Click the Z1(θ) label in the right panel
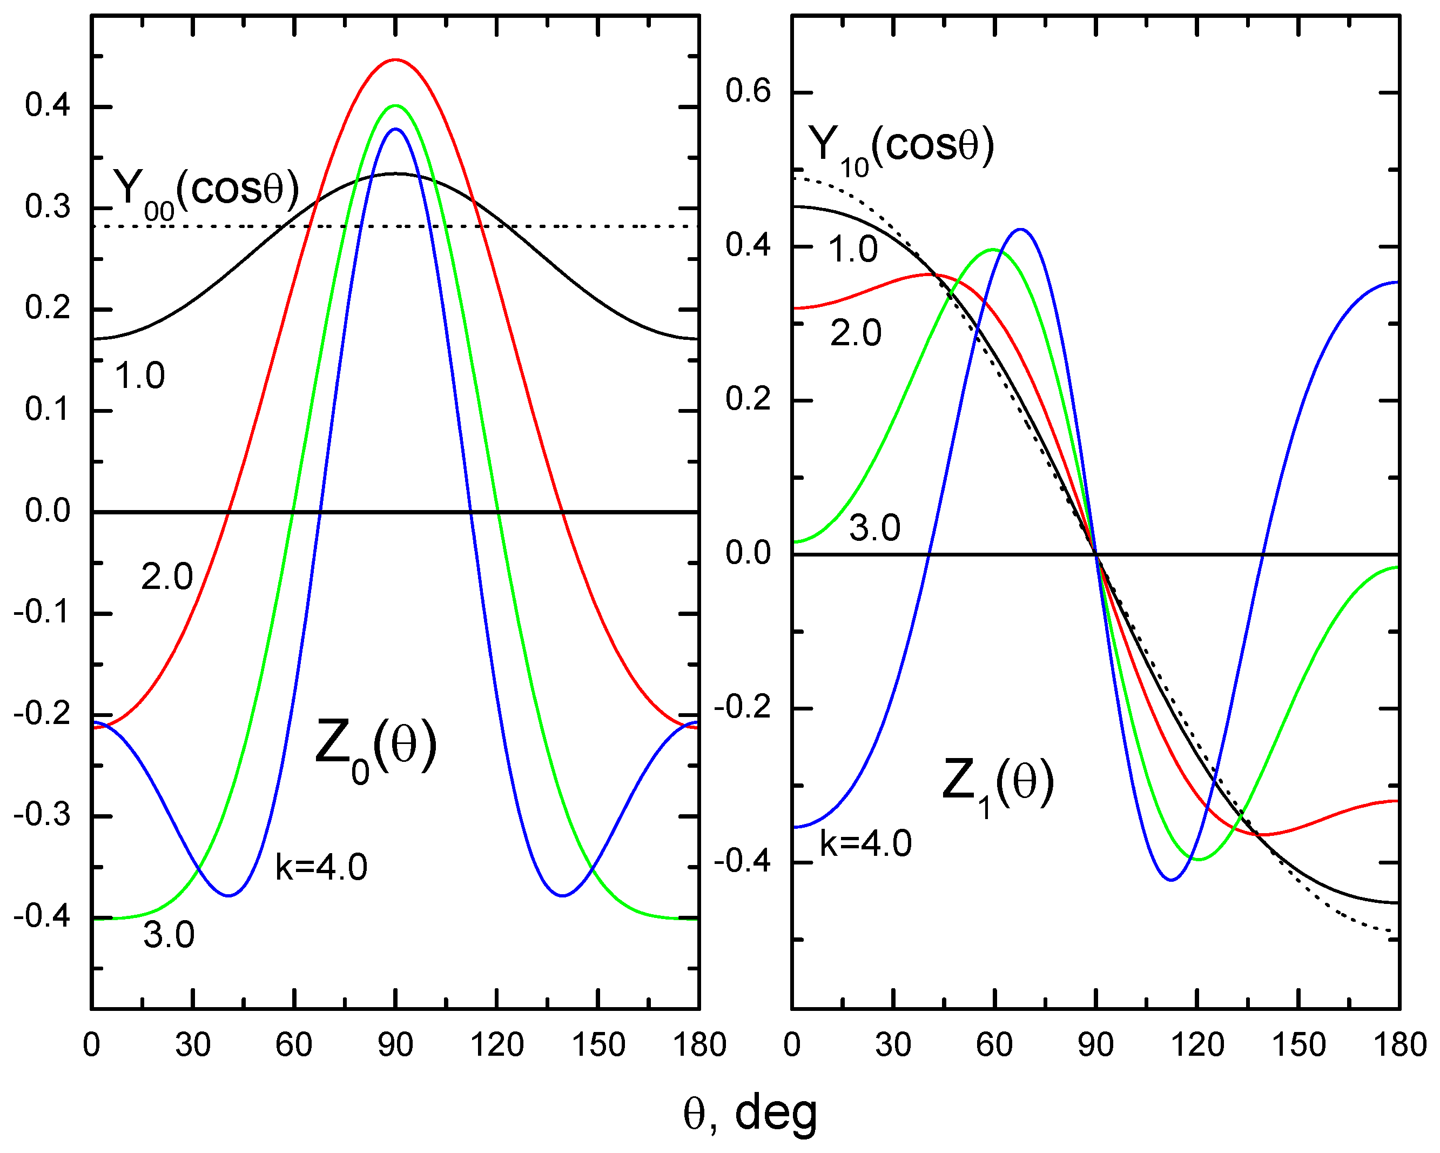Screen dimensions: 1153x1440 coord(997,783)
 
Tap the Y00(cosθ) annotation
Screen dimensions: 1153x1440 coord(206,192)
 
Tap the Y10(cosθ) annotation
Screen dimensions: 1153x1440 coord(901,148)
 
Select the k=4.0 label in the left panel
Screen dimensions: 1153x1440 coord(321,868)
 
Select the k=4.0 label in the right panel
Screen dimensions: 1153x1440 coord(866,844)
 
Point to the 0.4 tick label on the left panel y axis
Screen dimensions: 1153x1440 coord(48,105)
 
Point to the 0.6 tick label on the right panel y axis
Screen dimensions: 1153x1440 coord(748,91)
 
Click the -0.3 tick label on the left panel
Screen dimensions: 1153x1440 coord(42,816)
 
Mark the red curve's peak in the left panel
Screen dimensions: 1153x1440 coord(395,60)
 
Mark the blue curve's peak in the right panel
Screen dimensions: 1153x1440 coord(1020,229)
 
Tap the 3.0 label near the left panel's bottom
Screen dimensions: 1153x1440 coord(169,935)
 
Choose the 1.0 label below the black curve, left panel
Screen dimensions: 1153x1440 coord(139,376)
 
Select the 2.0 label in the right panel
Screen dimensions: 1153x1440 coord(856,333)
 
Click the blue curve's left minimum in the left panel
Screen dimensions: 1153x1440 coord(229,896)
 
